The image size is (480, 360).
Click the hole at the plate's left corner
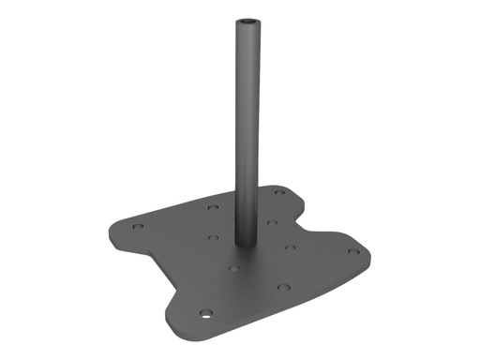click(x=138, y=225)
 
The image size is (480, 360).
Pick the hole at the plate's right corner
click(x=352, y=250)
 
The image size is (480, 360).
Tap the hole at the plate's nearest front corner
click(x=205, y=312)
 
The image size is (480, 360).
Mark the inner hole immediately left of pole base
click(x=214, y=237)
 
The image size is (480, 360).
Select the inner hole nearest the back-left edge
click(x=213, y=206)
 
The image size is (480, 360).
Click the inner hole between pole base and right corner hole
click(x=290, y=247)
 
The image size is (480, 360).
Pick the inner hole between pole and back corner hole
click(x=271, y=222)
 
